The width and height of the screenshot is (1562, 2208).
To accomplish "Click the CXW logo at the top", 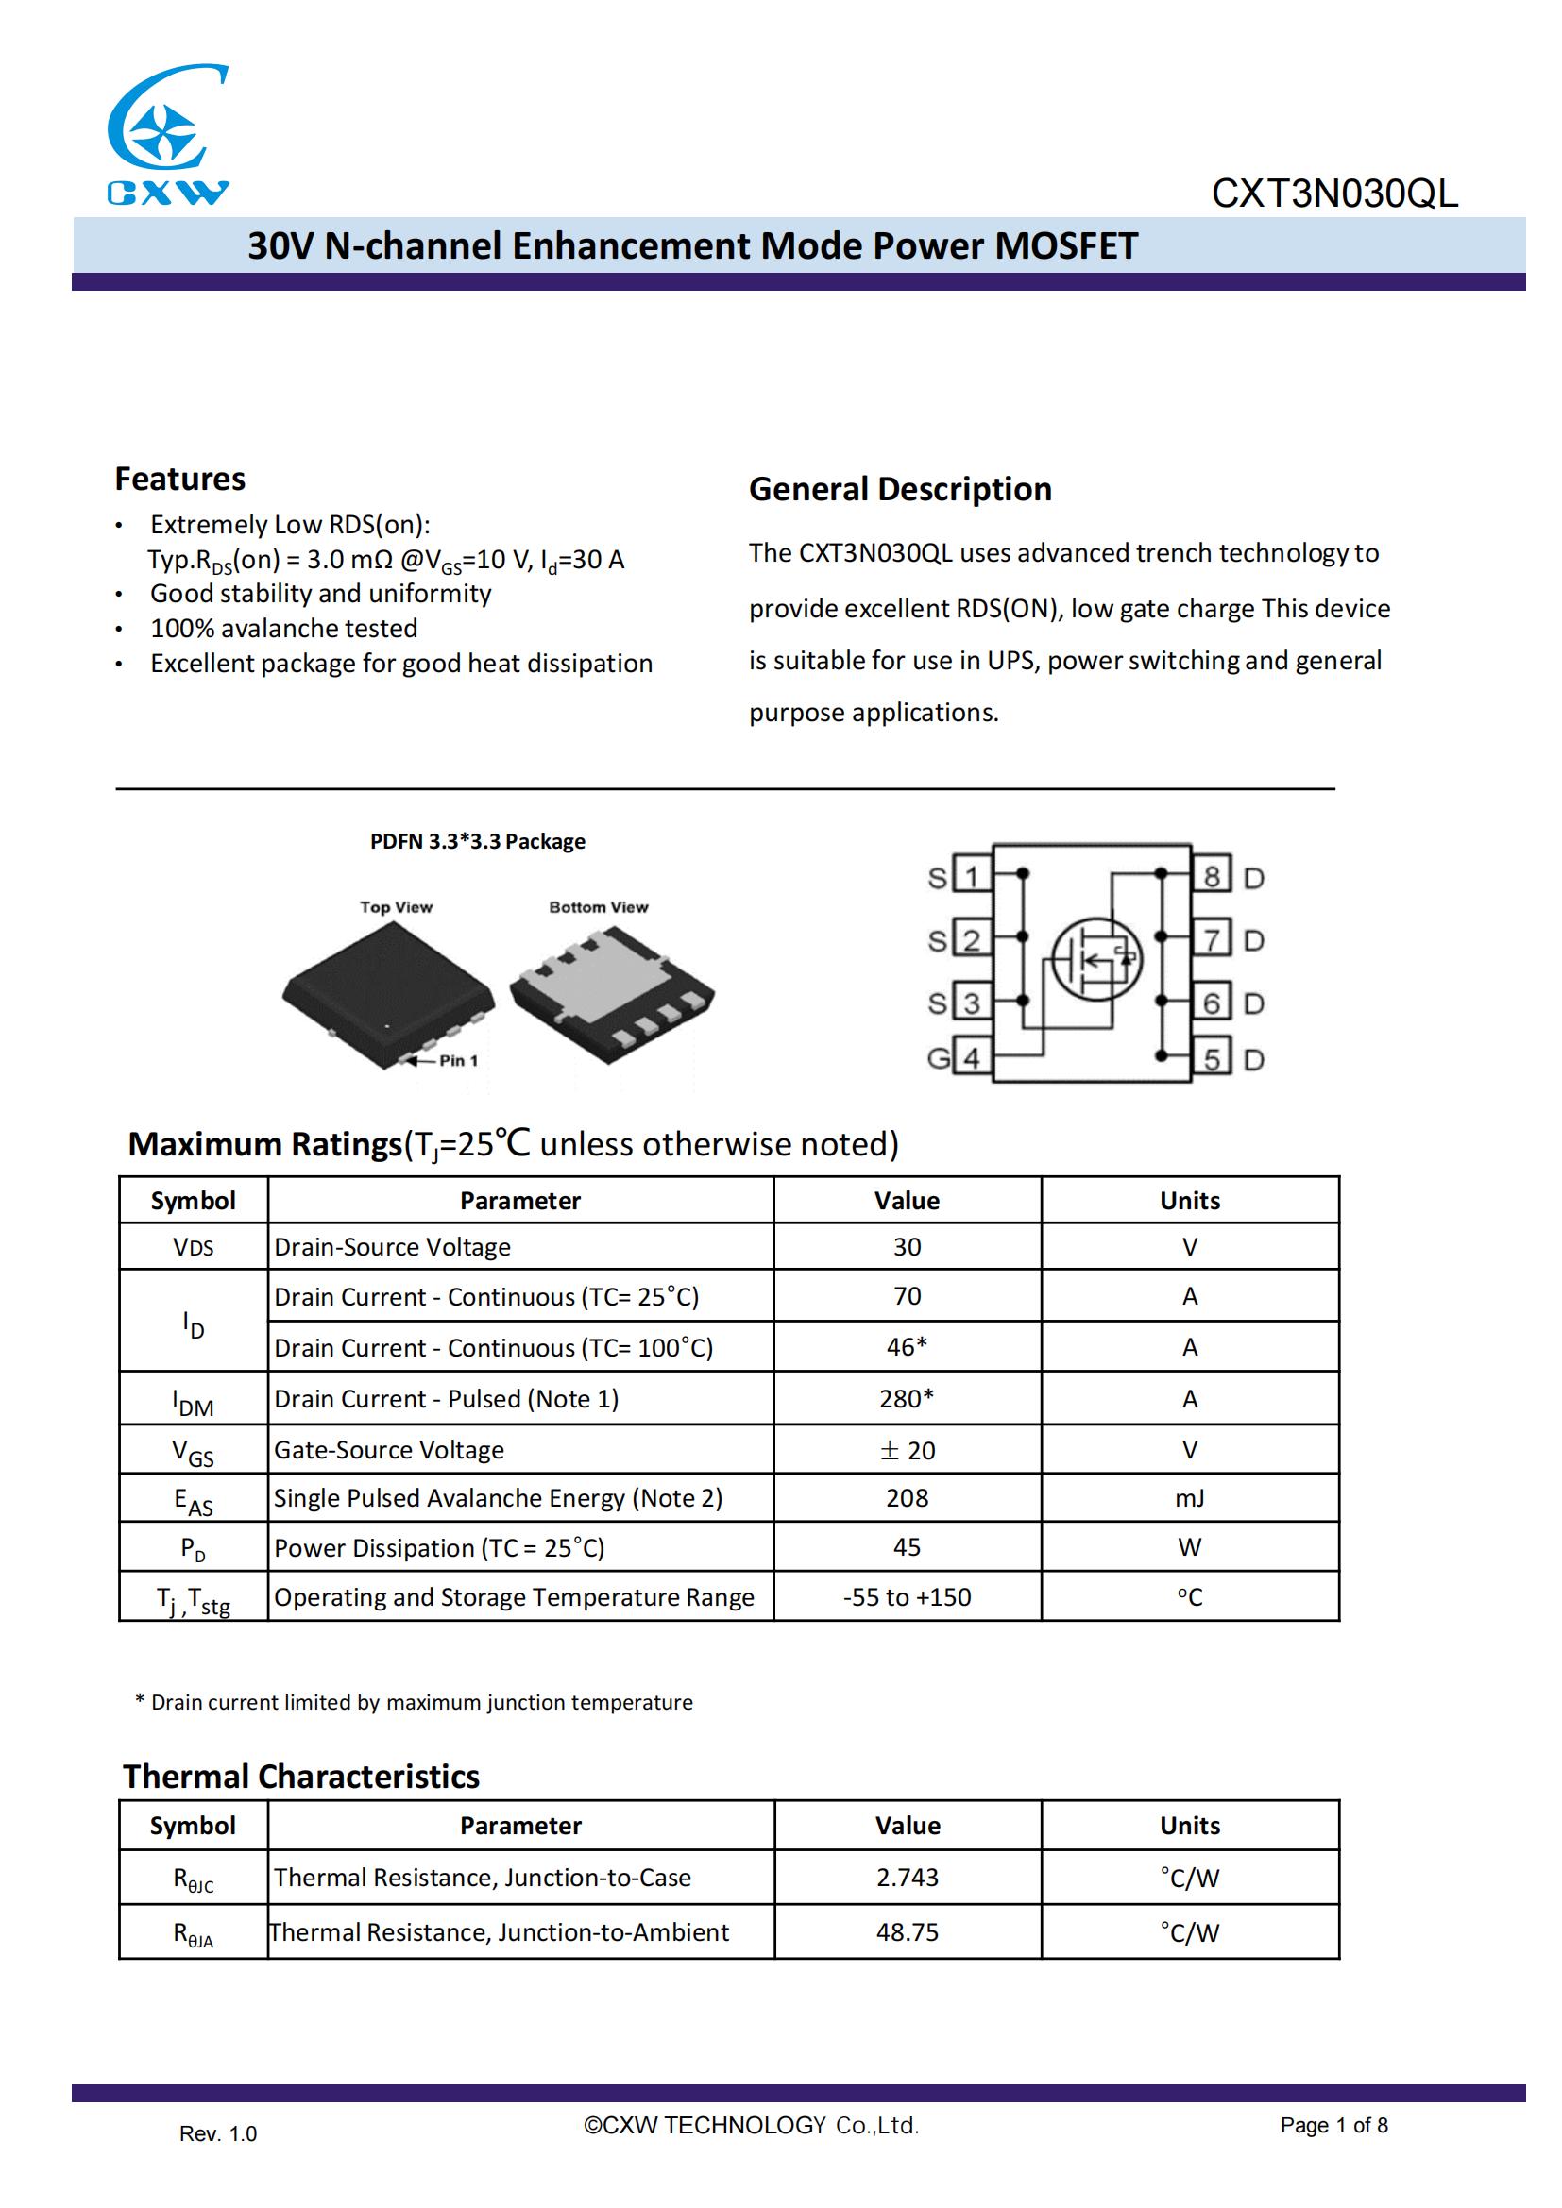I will tap(167, 135).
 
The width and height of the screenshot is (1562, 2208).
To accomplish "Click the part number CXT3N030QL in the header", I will tap(1334, 194).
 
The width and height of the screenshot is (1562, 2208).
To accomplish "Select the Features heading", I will tap(179, 479).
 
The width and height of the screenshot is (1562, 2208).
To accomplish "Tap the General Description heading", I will tap(899, 490).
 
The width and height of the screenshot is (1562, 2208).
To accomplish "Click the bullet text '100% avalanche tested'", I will tap(283, 628).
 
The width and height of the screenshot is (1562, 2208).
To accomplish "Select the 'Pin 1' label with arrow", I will tap(447, 1061).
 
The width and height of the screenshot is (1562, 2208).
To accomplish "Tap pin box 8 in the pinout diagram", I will tap(1211, 876).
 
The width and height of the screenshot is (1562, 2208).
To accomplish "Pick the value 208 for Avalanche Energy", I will tap(907, 1498).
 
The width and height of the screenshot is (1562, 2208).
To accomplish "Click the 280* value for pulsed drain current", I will tap(906, 1399).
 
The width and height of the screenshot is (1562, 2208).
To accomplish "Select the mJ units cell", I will tap(1190, 1498).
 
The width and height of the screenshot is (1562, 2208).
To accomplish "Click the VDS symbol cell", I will tap(194, 1247).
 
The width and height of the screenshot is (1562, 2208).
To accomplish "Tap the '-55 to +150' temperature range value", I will tap(907, 1597).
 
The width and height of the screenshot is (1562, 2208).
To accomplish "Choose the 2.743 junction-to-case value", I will tap(907, 1878).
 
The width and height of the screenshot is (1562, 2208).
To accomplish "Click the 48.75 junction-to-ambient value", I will tap(907, 1932).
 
